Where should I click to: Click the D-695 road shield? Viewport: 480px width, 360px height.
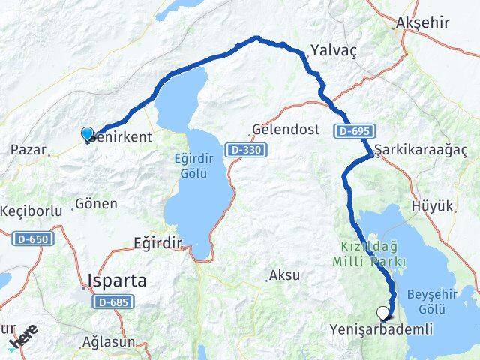click(x=352, y=131)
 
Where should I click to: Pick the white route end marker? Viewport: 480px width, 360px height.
click(x=383, y=313)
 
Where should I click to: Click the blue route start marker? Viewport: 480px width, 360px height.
click(x=87, y=133)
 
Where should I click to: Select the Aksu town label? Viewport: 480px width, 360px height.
click(x=283, y=275)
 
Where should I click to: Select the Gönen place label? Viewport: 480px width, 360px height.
click(x=97, y=203)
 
